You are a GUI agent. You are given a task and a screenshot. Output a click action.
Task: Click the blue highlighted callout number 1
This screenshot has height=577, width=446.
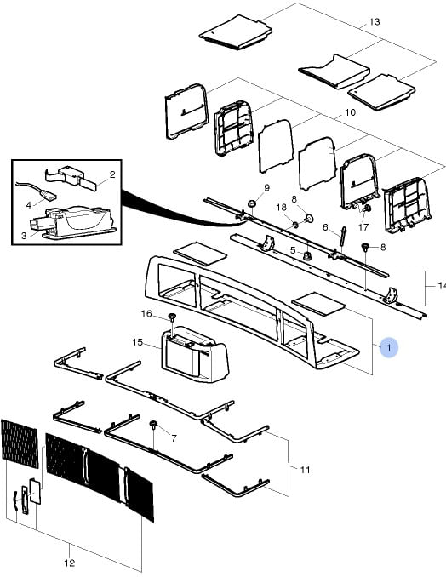pos(389,347)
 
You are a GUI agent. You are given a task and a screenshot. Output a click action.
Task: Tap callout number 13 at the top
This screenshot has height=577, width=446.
pos(374,22)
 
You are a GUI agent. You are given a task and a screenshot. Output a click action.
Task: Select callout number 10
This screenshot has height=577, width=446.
pos(350,112)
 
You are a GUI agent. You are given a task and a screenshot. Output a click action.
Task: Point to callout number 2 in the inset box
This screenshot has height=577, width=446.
pos(112,174)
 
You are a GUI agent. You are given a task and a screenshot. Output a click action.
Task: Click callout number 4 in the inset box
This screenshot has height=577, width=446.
pos(29,205)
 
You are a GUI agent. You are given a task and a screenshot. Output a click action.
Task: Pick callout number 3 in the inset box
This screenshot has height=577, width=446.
pos(24,236)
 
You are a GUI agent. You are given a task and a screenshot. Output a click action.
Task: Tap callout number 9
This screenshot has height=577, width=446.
pos(266,188)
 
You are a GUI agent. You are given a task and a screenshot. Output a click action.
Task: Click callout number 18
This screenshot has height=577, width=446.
pos(281,207)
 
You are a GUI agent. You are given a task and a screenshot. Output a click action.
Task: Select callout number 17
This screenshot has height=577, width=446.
pos(363,227)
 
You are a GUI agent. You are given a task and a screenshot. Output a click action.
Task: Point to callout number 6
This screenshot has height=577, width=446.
pos(325,227)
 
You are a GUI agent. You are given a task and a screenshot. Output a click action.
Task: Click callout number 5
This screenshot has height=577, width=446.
pos(293,250)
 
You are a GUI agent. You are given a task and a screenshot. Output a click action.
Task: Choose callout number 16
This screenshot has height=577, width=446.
pos(146,313)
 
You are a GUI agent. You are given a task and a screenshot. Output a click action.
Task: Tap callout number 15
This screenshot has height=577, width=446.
pos(137,342)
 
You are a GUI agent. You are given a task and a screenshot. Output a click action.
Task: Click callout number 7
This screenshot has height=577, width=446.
pos(174,438)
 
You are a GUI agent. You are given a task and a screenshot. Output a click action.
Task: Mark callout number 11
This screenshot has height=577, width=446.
pos(305,470)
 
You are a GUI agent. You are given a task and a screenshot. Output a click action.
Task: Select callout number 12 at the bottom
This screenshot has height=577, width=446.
pos(70,563)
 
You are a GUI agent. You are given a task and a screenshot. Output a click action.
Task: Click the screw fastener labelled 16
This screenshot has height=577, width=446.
pos(172,317)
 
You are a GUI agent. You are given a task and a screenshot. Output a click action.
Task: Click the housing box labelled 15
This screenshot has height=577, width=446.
pos(195,354)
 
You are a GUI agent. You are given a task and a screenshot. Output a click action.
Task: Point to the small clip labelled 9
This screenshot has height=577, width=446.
pos(252,203)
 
